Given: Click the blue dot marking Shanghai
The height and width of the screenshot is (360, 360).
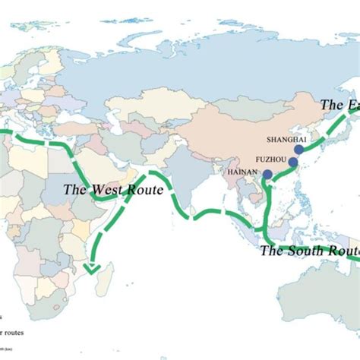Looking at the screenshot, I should click(299, 150).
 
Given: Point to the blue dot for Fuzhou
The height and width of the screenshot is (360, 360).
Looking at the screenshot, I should click(293, 162).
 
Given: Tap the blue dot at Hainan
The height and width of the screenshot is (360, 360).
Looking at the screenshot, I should click(267, 175).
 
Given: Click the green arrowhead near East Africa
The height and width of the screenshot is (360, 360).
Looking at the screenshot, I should click(93, 267).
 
